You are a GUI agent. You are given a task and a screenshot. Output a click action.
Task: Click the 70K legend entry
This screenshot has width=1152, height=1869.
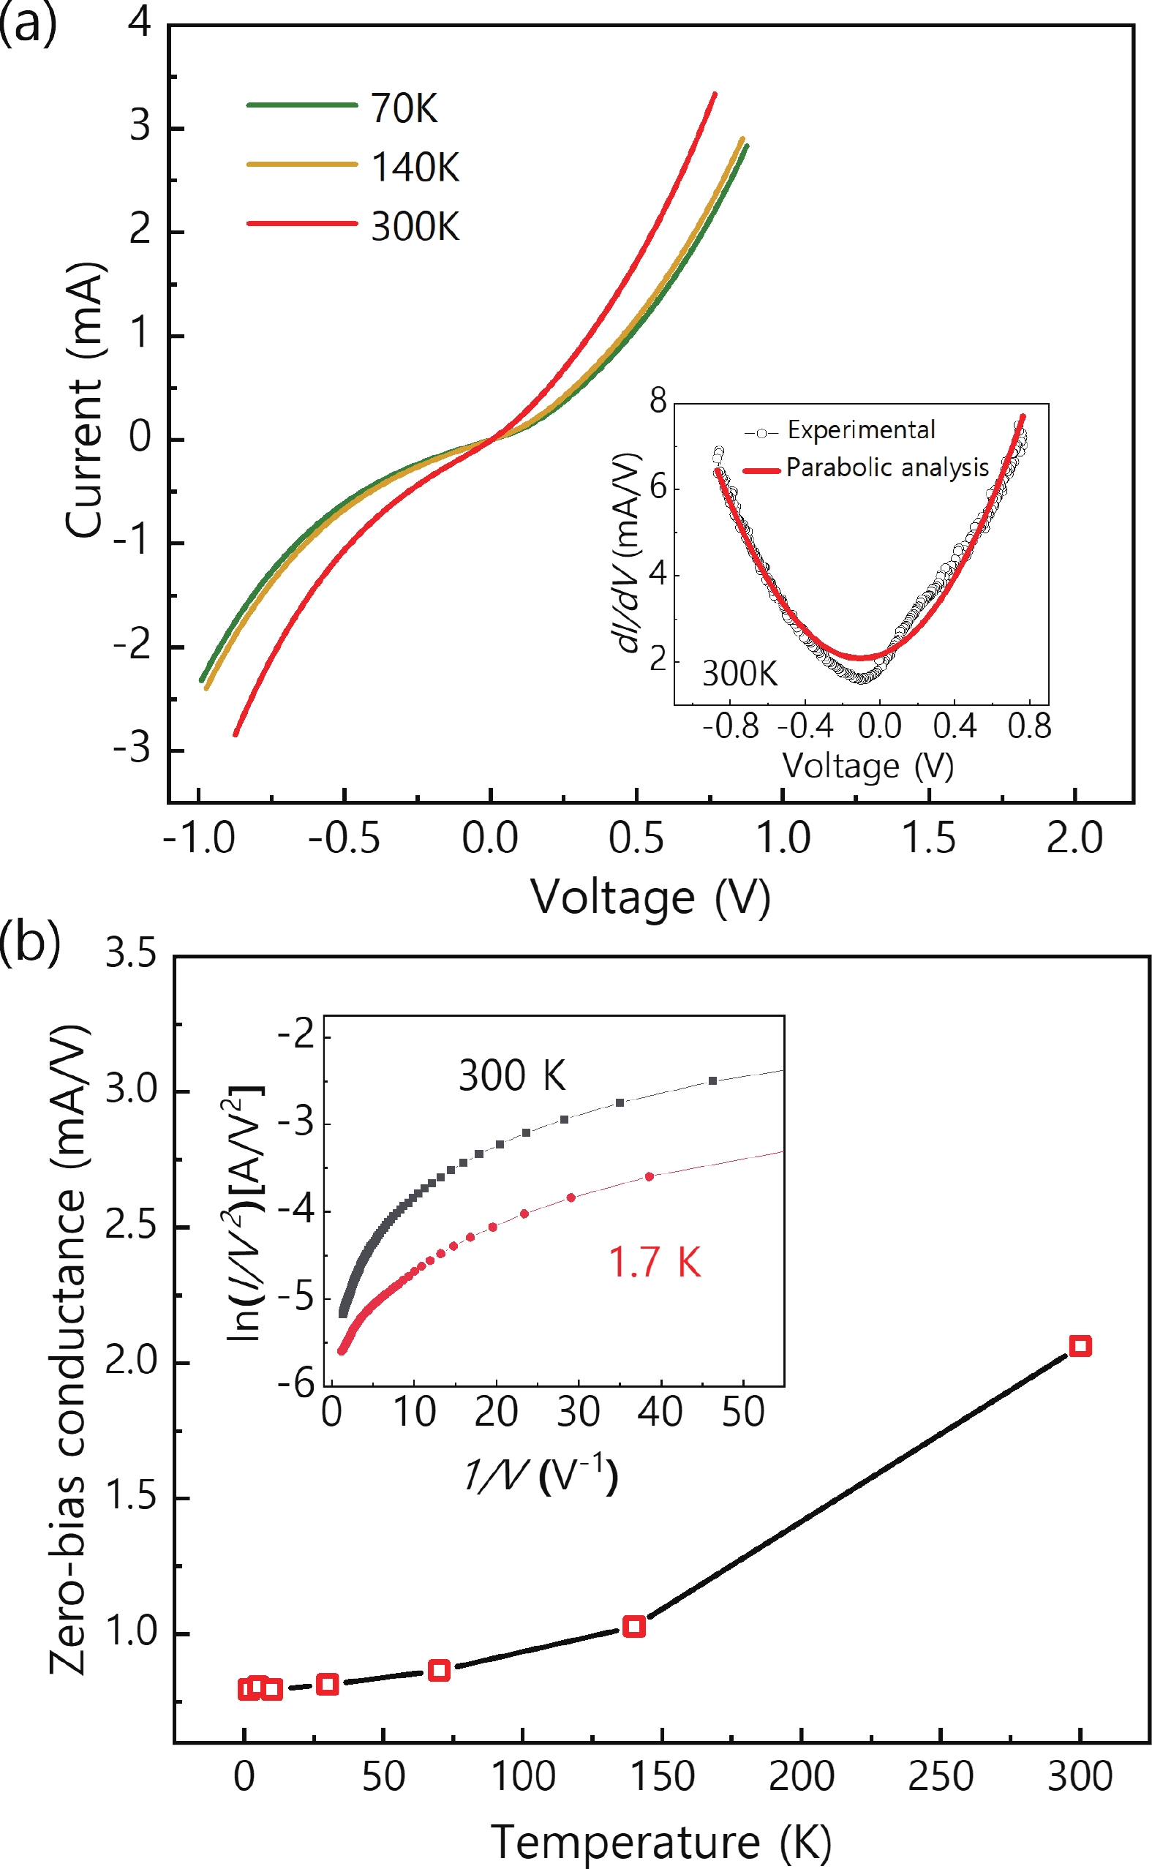(404, 108)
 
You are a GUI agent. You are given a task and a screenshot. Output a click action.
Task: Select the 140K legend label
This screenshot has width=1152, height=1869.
(415, 167)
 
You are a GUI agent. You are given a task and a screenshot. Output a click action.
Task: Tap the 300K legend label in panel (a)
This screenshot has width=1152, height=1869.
(415, 226)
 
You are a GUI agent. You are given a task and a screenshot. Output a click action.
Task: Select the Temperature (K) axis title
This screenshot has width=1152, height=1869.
(660, 1842)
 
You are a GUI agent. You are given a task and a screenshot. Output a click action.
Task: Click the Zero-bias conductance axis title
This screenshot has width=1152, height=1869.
(69, 1350)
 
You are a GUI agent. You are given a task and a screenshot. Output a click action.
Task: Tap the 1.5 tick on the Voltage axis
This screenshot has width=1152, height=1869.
(928, 838)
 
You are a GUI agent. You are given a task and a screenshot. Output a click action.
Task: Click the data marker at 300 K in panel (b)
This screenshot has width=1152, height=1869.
(1080, 1345)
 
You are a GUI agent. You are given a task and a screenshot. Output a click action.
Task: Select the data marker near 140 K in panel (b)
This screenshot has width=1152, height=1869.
(634, 1627)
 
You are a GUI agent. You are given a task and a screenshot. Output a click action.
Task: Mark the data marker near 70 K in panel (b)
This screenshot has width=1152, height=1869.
(439, 1670)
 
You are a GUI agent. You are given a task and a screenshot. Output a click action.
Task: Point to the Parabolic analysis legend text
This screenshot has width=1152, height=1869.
(886, 467)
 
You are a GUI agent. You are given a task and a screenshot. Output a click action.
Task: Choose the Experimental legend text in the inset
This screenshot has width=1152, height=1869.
(861, 429)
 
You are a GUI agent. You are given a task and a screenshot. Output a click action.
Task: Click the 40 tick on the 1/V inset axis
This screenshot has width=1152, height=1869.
(660, 1412)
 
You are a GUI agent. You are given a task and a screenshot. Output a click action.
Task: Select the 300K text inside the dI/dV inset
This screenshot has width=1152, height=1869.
(739, 674)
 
